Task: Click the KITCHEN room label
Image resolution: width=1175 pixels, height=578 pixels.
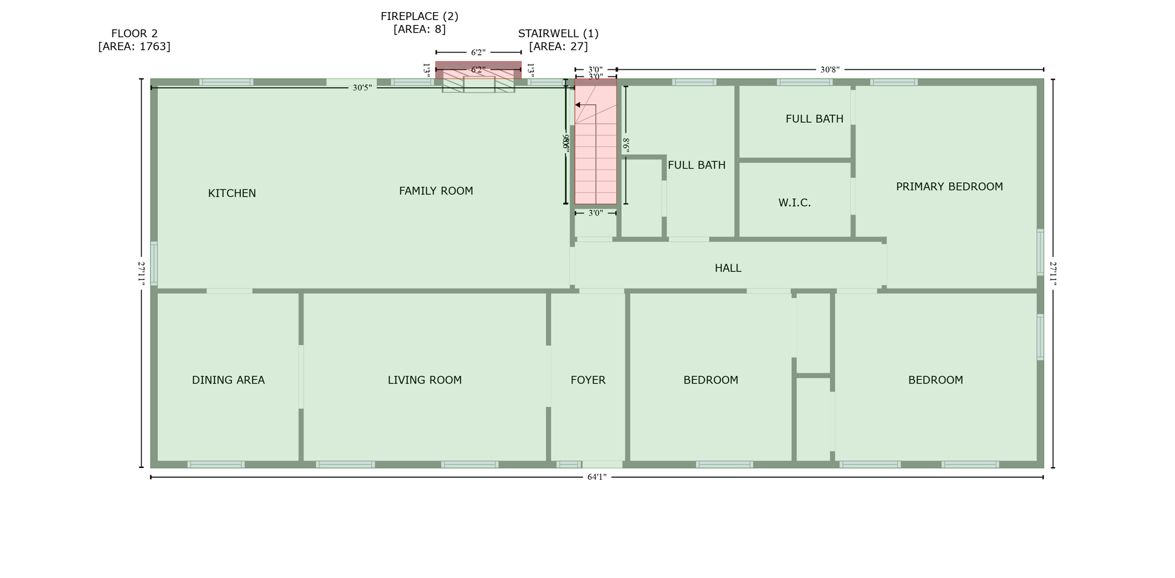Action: click(x=232, y=193)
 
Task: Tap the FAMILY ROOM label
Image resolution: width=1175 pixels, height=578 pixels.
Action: click(x=436, y=191)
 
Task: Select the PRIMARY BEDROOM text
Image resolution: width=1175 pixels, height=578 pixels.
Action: click(x=949, y=186)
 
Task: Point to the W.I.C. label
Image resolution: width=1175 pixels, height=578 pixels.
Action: click(x=794, y=202)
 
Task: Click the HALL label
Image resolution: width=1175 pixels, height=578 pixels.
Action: click(x=727, y=268)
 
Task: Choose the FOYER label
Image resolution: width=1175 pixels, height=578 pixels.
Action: click(x=587, y=380)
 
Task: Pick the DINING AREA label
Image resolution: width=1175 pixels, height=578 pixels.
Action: click(x=228, y=380)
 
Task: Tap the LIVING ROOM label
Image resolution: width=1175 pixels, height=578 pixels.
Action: click(x=425, y=380)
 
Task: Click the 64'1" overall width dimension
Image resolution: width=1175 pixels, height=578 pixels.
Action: click(x=597, y=477)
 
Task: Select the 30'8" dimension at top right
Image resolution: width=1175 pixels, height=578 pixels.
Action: click(x=830, y=69)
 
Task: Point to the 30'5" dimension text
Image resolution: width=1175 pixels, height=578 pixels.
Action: click(x=362, y=88)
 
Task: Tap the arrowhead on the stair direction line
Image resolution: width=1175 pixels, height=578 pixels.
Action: click(x=578, y=105)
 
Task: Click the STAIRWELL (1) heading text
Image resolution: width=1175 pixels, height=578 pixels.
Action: click(x=558, y=34)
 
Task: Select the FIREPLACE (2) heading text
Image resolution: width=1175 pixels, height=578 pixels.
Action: click(x=419, y=17)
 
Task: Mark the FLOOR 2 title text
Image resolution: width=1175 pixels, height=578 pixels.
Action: click(x=134, y=34)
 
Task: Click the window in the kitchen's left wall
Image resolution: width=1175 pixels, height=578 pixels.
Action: click(x=154, y=263)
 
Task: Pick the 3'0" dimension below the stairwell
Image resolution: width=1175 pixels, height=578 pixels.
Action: click(x=596, y=213)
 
